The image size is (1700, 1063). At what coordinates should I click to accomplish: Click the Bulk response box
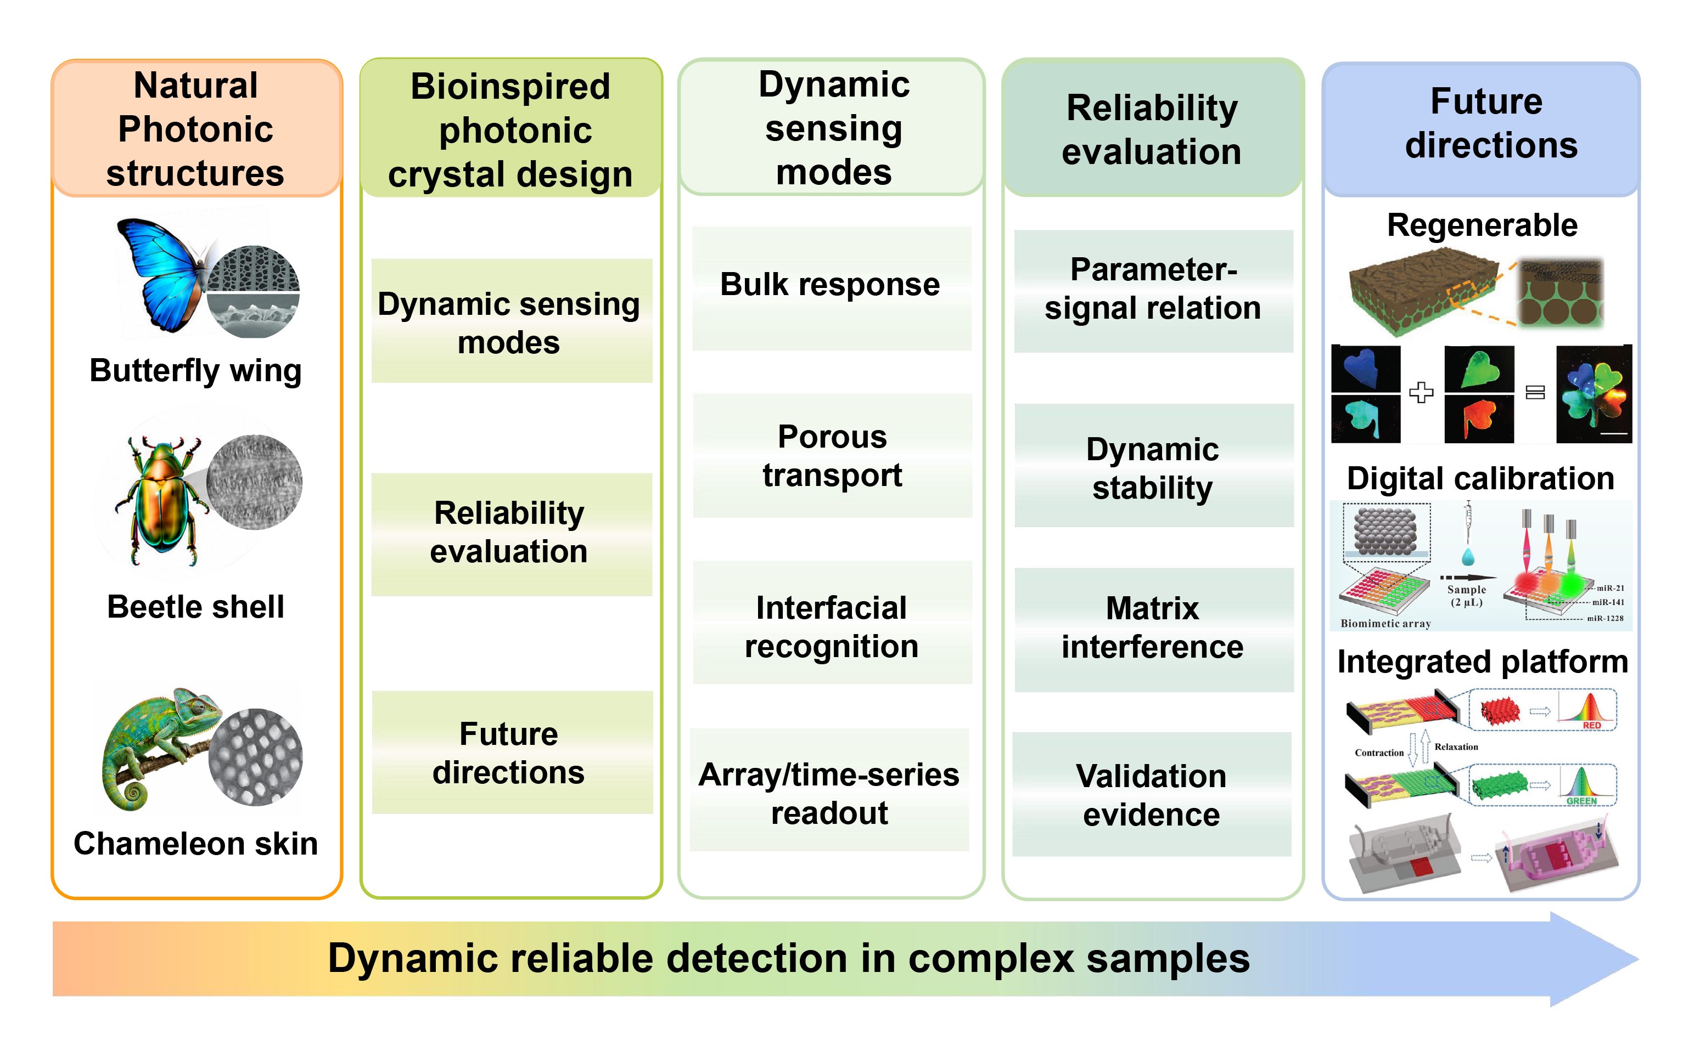point(832,289)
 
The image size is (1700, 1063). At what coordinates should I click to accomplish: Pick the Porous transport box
point(832,456)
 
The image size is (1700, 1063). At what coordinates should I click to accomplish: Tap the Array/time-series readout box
point(829,789)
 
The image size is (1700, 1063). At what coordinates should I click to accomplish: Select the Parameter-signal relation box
point(1153,291)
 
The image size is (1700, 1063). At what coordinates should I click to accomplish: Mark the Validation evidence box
point(1152,794)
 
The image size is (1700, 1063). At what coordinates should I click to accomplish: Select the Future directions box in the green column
point(512,752)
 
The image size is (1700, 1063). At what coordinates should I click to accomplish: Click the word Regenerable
point(1482,225)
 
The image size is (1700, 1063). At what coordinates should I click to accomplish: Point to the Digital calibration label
point(1480,479)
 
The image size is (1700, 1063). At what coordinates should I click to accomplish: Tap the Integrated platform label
point(1483,662)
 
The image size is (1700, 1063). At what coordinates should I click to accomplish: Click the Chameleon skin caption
point(195,844)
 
